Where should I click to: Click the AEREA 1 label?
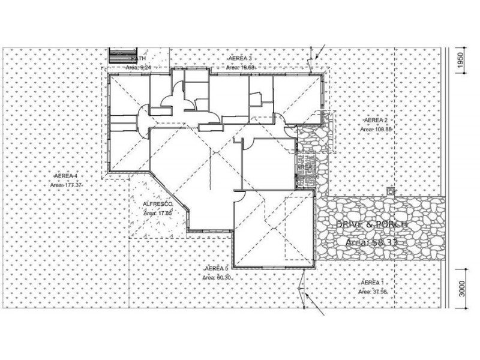(x=373, y=282)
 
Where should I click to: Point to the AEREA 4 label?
(x=66, y=176)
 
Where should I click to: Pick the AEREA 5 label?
(x=217, y=268)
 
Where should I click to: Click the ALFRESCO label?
(x=158, y=205)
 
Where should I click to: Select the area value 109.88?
(x=382, y=129)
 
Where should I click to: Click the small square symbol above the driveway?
(x=391, y=191)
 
